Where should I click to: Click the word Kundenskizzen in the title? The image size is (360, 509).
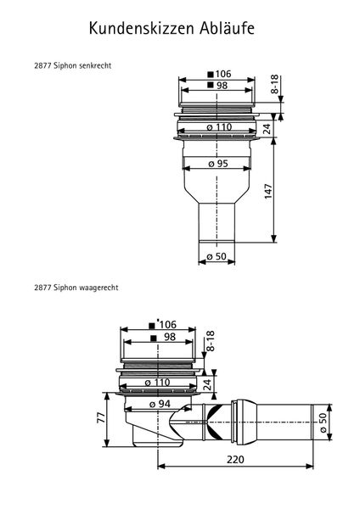click(x=142, y=28)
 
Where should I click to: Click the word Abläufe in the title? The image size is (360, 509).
click(x=227, y=28)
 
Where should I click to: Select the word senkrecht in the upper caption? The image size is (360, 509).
click(x=95, y=65)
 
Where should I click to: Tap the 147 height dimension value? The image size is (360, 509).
click(x=268, y=191)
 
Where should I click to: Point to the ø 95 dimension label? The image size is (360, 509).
click(x=218, y=164)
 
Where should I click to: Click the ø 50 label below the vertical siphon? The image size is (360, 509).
click(x=217, y=256)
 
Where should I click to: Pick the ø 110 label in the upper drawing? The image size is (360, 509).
click(x=219, y=127)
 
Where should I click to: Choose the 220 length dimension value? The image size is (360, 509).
click(x=235, y=460)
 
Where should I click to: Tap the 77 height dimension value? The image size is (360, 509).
click(x=102, y=417)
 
